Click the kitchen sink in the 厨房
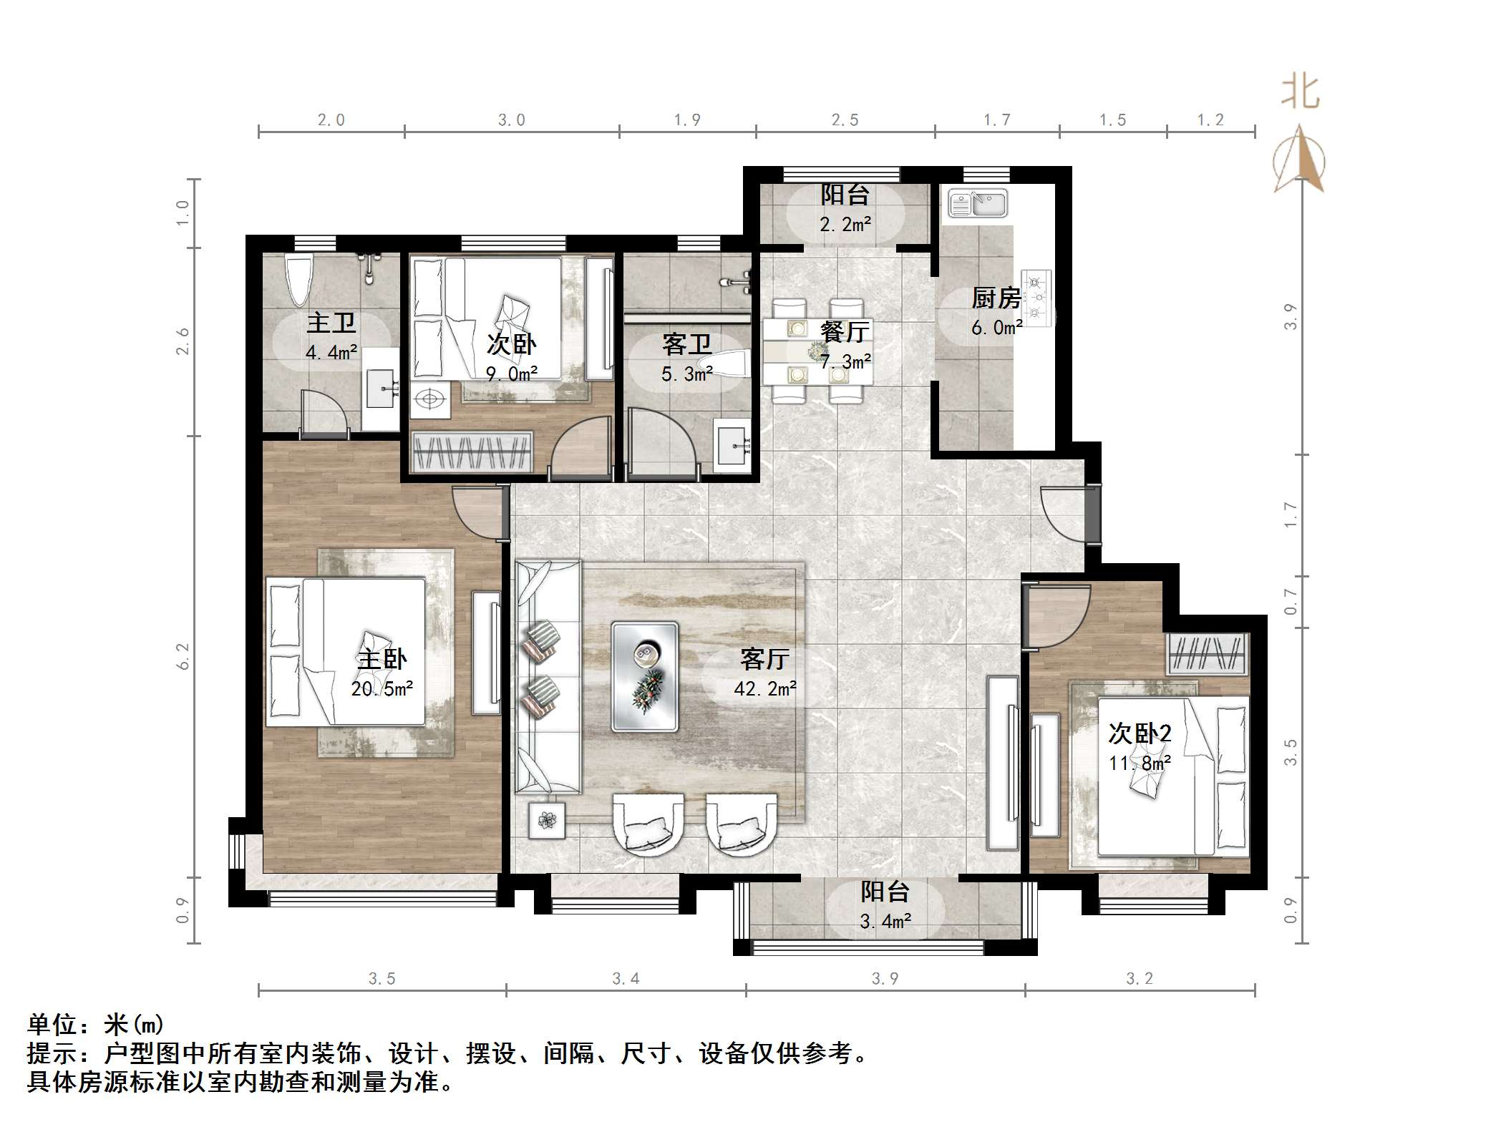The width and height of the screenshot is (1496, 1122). [x=978, y=203]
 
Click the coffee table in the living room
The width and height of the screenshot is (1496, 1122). [x=645, y=676]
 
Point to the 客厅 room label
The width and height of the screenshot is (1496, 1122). [x=765, y=658]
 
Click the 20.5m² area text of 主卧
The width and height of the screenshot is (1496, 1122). [x=382, y=688]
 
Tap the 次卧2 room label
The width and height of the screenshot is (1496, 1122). [x=1140, y=733]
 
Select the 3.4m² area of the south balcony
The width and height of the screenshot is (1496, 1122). [x=885, y=921]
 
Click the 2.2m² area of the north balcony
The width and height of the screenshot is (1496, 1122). [x=845, y=224]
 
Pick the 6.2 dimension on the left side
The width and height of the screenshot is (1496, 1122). [x=183, y=656]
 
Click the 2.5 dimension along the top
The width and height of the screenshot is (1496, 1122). [x=845, y=119]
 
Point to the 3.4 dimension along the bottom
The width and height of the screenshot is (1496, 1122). [x=626, y=978]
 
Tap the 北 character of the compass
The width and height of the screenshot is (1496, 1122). [x=1300, y=93]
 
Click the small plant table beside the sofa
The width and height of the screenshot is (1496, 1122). [x=547, y=820]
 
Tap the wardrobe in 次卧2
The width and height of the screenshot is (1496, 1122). [x=1208, y=653]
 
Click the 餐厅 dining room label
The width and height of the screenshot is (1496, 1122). [x=845, y=331]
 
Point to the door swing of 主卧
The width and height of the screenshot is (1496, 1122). [x=477, y=509]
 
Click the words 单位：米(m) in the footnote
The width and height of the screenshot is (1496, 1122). [x=96, y=1025]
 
